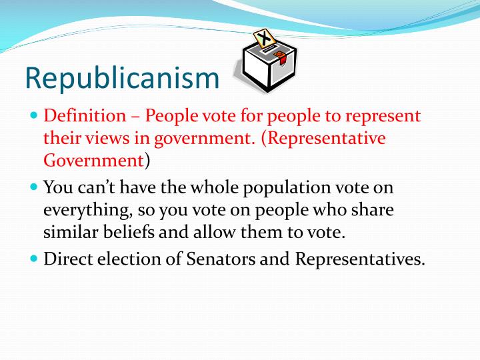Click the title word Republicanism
point(122,77)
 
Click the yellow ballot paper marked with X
point(263,38)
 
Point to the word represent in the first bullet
point(387,116)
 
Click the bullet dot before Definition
point(35,115)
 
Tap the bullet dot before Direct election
point(35,259)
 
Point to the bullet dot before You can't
point(35,187)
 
